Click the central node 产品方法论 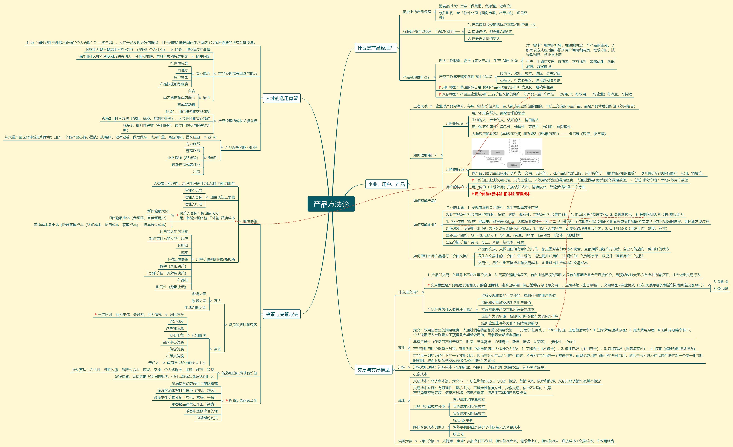coord(331,204)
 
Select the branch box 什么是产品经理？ coord(375,48)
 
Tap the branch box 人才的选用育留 coord(281,98)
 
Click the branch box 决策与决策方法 coord(281,314)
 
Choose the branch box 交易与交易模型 coord(373,370)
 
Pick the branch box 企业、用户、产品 coord(386,184)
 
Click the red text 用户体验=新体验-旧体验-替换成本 coord(502,194)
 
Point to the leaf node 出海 coord(196,172)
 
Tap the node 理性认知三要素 coord(222,197)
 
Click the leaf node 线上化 coord(458,434)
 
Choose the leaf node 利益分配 coord(720,289)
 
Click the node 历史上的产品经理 coord(417,12)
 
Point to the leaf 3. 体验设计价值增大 coord(484,38)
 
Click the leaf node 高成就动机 coord(186,105)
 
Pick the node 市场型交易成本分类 coord(429,406)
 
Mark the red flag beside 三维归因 coord(96,314)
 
